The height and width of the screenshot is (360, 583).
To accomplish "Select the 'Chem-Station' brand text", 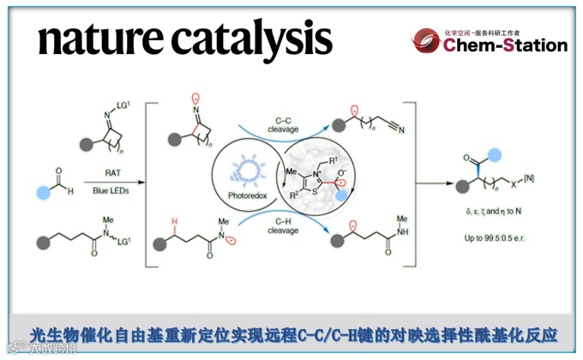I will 505,45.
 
